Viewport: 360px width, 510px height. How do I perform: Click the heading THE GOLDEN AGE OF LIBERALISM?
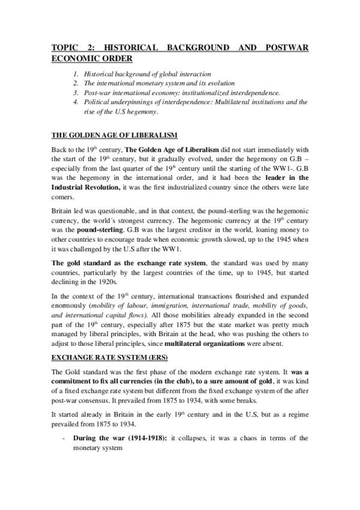coord(114,134)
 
